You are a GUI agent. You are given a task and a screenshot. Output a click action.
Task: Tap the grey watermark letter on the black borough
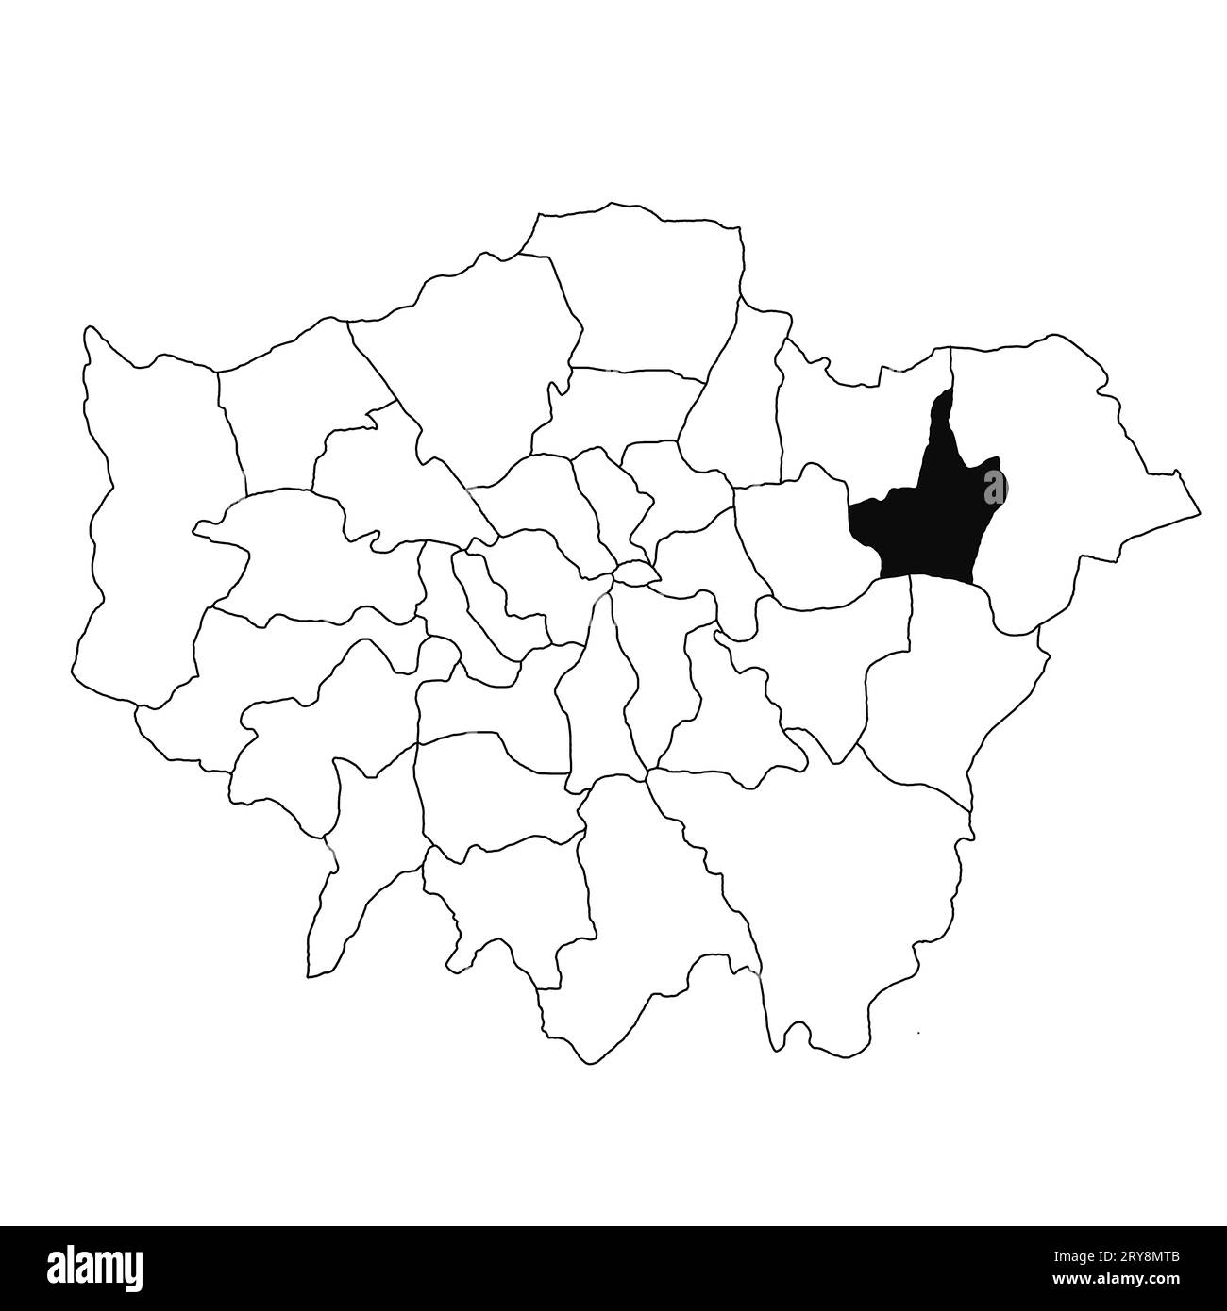[x=994, y=489]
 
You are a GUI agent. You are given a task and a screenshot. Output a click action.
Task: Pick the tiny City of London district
[x=635, y=572]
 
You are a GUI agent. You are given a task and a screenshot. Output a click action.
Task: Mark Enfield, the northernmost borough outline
[x=642, y=292]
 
